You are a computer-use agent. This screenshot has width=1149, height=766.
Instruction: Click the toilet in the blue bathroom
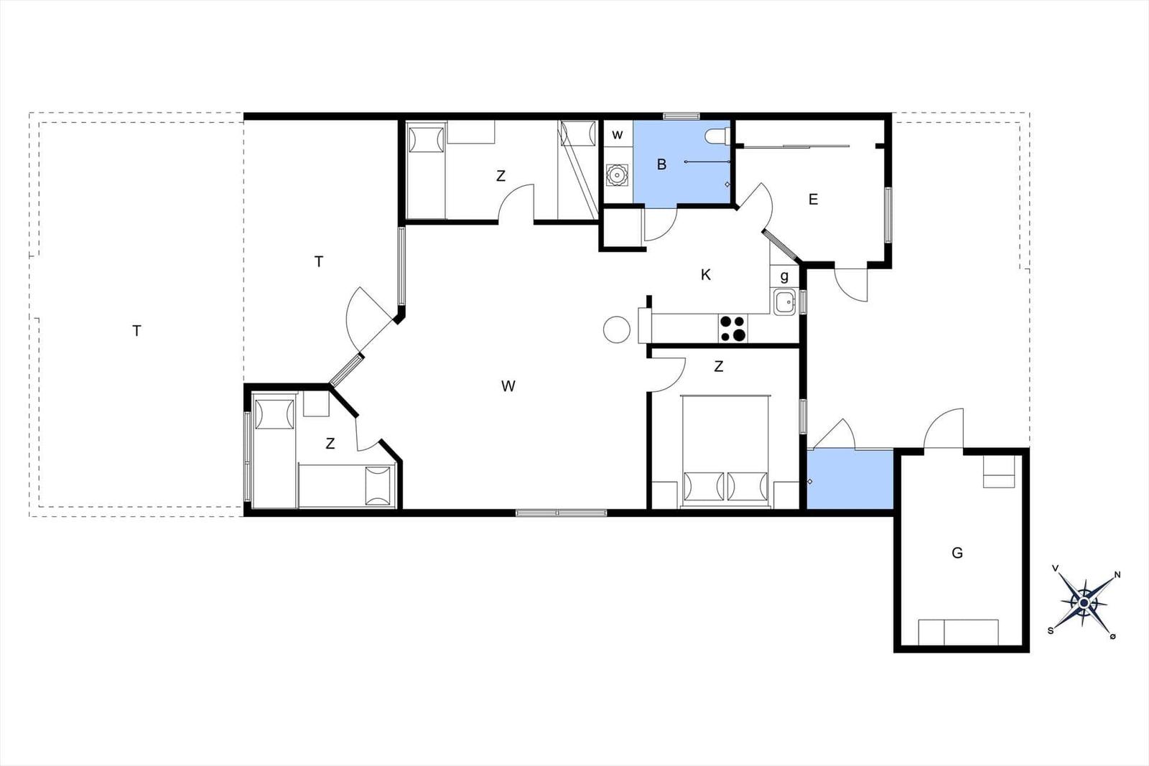717,136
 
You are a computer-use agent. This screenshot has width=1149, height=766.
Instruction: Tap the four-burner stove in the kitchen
732,328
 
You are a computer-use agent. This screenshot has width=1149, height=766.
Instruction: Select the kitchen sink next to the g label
784,302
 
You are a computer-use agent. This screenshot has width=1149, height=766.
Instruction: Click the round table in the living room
617,330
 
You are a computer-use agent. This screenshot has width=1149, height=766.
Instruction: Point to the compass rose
1084,603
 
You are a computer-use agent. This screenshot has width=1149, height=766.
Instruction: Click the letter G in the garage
957,553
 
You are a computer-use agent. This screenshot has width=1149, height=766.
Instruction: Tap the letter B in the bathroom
661,164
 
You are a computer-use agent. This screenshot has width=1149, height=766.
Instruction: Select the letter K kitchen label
706,275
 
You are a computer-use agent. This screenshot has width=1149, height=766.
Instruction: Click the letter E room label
813,199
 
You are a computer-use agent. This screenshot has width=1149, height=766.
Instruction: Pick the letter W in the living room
508,386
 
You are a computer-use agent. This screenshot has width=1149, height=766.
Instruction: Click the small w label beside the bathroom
618,135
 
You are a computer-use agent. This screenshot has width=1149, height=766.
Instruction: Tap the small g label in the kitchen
784,277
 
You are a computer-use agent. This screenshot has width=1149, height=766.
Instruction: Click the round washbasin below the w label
617,175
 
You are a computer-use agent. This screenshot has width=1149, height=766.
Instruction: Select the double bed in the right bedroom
726,451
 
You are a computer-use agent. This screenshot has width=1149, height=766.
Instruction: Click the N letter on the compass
1117,575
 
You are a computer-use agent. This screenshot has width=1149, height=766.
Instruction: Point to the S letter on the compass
1051,630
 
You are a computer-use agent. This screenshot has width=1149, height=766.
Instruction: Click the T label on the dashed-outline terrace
136,331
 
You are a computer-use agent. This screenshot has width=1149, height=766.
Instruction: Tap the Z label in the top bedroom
501,176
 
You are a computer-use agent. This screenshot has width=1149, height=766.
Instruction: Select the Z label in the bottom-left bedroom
330,444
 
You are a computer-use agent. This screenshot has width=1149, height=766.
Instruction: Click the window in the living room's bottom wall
561,512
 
